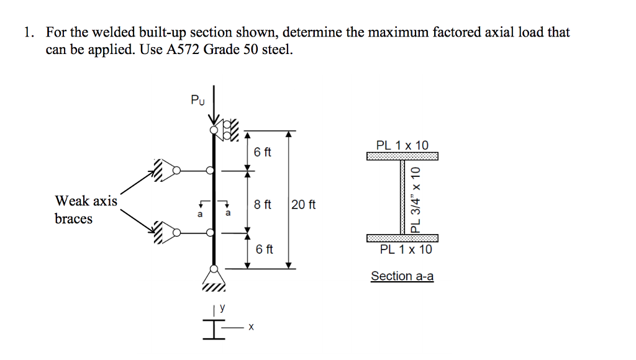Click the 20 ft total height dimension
click(x=303, y=204)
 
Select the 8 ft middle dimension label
click(x=263, y=204)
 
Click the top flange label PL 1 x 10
click(x=402, y=145)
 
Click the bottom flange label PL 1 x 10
click(x=402, y=250)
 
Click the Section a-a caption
click(x=402, y=276)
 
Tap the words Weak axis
click(x=86, y=201)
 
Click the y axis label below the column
click(x=219, y=306)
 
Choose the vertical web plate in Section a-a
click(x=402, y=197)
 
